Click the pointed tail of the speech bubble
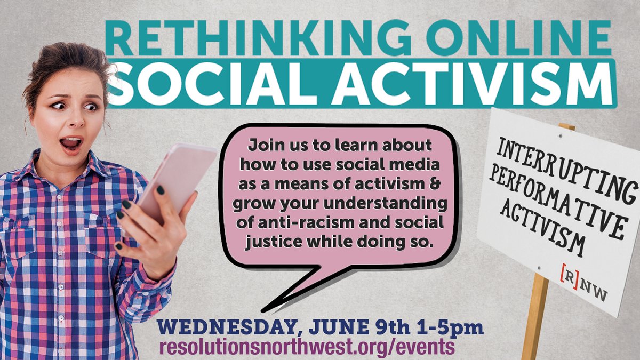coord(272,304)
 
